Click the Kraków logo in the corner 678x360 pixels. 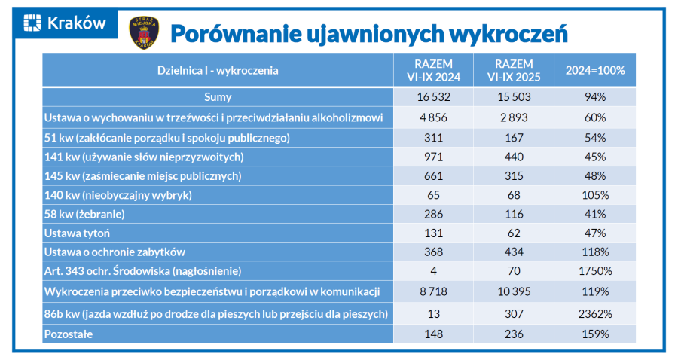point(65,23)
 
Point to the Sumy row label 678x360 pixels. point(218,97)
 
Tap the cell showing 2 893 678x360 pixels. point(515,117)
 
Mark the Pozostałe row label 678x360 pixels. point(69,334)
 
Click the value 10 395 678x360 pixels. point(515,291)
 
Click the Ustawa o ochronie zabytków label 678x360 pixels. point(115,252)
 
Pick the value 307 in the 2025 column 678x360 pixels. point(515,313)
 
